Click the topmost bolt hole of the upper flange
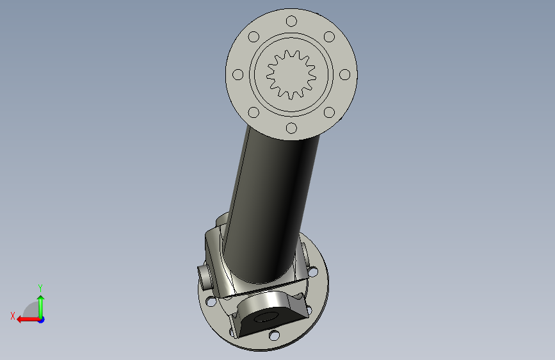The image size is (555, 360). pos(291,21)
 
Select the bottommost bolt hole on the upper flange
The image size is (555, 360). pos(291,128)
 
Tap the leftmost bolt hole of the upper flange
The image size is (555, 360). pos(238,75)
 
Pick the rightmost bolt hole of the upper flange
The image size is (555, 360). pos(345,75)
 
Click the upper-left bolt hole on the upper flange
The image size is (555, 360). pos(253,37)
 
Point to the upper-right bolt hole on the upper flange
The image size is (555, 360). pos(329,37)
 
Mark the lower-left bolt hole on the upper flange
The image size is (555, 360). pos(253,112)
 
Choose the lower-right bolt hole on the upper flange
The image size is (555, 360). pos(329,112)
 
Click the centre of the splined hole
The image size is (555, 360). pos(291,75)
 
